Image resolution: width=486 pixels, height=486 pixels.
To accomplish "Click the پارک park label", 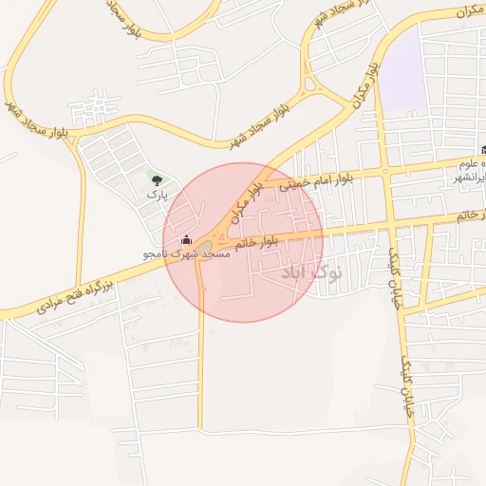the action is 157,194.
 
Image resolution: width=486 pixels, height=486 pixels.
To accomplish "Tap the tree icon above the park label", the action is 156,178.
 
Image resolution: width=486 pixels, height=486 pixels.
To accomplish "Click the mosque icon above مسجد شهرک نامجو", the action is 186,239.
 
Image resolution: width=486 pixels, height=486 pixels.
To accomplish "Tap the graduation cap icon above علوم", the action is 484,150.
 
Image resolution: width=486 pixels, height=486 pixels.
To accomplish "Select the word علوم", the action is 471,163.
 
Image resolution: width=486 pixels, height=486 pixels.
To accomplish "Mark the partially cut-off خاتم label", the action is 471,217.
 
